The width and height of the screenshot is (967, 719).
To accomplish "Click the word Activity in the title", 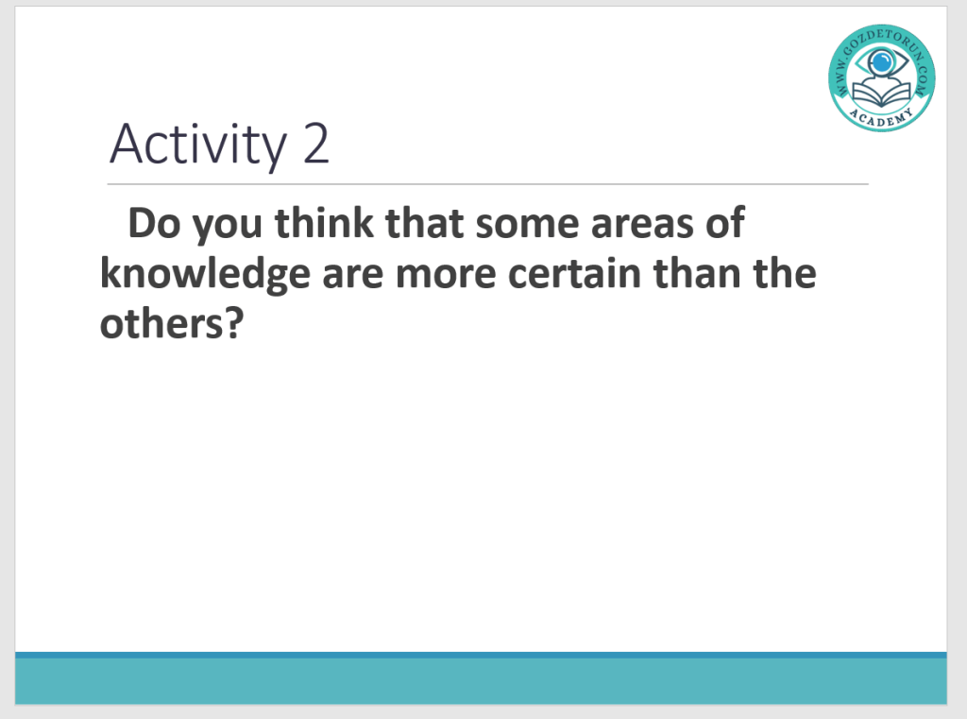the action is [x=198, y=145].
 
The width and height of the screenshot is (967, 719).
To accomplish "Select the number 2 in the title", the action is [x=315, y=144].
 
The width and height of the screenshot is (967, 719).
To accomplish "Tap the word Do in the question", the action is [x=154, y=223].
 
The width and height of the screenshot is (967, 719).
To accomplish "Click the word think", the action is [x=324, y=222].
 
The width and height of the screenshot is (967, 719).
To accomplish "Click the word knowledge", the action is [x=205, y=274].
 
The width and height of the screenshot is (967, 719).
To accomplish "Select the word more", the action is [x=446, y=275].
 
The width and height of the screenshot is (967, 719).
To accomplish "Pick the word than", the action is [x=697, y=273].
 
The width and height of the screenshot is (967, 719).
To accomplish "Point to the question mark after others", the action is [x=234, y=323].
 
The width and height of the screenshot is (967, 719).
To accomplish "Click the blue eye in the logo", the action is [x=881, y=61].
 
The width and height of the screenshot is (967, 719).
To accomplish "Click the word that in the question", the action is [x=424, y=222].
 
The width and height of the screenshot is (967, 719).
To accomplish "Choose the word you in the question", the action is [x=228, y=227].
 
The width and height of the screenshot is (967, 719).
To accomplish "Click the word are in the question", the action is [x=353, y=275].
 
